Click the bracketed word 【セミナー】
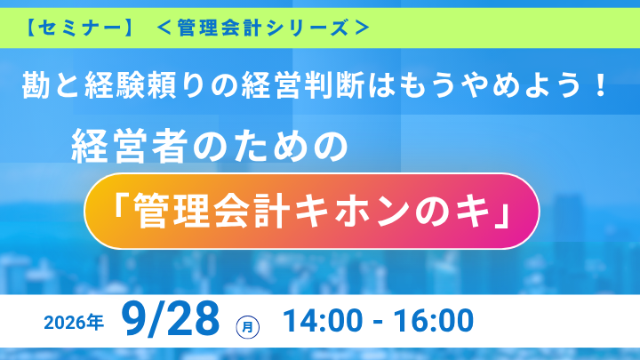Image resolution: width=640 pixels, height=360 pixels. (79, 28)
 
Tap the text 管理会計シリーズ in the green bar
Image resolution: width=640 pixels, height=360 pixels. (263, 28)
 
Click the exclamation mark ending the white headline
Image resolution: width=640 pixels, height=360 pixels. (600, 85)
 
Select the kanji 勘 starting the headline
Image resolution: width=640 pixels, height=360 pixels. (37, 85)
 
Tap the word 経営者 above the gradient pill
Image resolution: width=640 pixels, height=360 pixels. (130, 146)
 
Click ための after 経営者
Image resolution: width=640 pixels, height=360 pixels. (270, 146)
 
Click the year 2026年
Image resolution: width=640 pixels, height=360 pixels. (74, 323)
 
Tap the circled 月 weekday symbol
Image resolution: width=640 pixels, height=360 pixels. (248, 327)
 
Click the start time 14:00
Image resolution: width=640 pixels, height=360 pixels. (323, 320)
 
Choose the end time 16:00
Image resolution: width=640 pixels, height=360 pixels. (434, 320)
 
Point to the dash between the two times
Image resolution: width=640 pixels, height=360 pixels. (378, 322)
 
